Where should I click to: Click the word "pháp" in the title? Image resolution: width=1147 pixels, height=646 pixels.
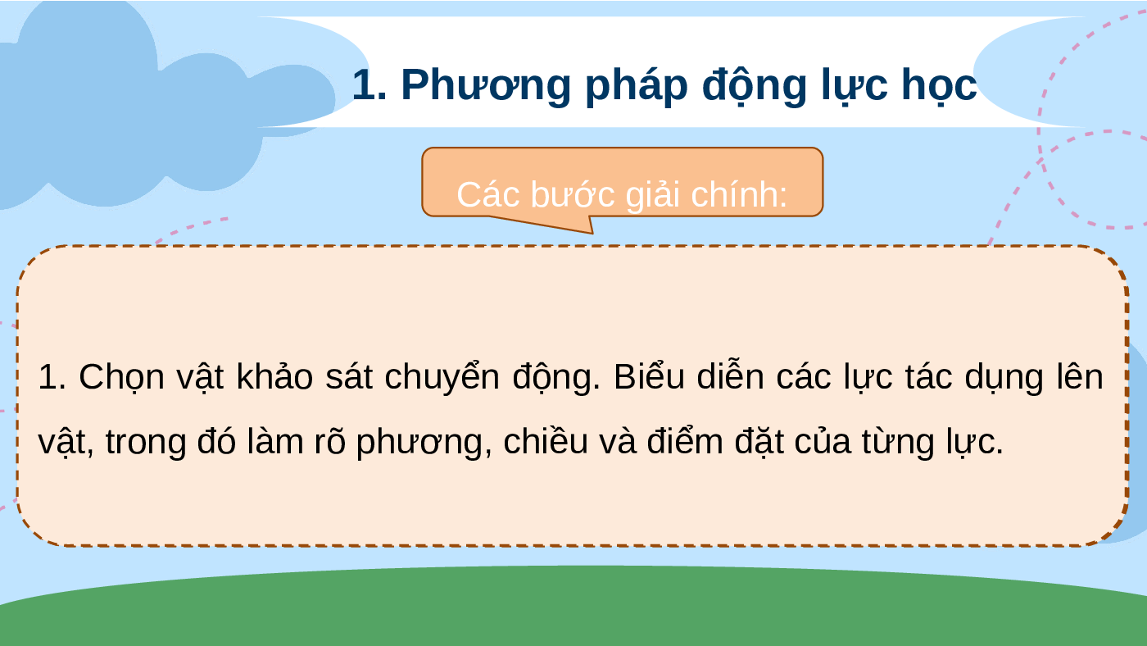pos(636,87)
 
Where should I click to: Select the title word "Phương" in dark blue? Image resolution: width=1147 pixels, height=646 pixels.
pos(485,87)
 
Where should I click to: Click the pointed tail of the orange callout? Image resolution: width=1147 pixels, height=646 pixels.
pos(592,234)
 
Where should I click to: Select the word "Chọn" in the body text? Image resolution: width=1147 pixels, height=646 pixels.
pos(121,378)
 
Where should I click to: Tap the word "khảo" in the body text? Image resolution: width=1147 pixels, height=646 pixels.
pos(274,376)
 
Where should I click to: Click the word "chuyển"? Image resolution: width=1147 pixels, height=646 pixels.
pos(442,376)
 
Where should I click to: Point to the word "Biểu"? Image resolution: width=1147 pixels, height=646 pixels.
pos(649,376)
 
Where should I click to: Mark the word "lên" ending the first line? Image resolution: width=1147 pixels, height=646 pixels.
pos(1080,376)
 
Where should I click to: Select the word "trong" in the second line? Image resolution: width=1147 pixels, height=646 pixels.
pos(146,443)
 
